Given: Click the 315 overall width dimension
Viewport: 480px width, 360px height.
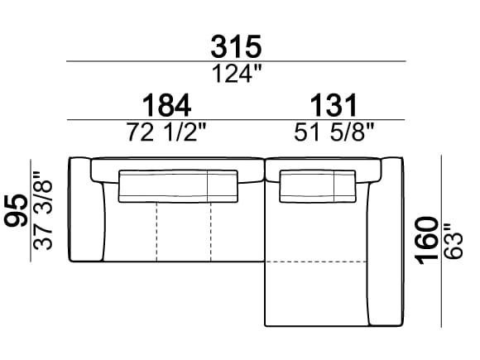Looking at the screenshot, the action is pos(236,47).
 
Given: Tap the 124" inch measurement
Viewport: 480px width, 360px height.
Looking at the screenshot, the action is pos(237,74).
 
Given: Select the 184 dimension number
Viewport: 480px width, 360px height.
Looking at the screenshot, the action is pos(167,106).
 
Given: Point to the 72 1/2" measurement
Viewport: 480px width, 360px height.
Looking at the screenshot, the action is pos(167,132).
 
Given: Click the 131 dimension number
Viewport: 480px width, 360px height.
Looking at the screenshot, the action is pos(334,106).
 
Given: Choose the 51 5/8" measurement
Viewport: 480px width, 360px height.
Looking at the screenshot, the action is pos(334,132).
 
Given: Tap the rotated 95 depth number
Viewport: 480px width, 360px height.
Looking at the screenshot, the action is pos(16,210).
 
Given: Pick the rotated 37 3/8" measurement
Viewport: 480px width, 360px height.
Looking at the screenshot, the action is pos(43,210).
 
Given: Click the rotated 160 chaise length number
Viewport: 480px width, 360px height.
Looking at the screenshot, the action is pos(427,241).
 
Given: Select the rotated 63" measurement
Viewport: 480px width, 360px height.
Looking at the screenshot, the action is pos(453,242).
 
